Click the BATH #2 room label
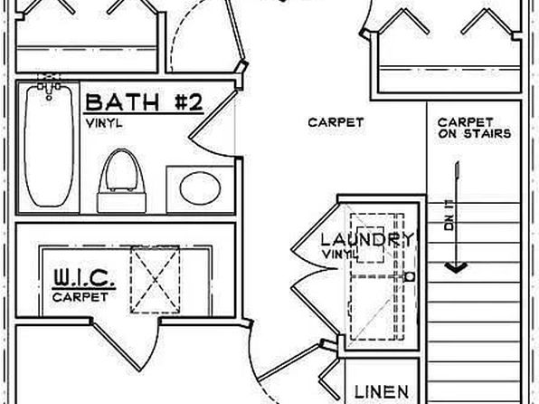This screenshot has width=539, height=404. coord(144,102)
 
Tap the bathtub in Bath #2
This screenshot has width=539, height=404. coord(49,146)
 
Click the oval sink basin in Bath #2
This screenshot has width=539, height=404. coord(200,188)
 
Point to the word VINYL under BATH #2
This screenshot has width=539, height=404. coord(104,123)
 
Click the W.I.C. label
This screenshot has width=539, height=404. coord(83,277)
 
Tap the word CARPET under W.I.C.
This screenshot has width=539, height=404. coord(80,297)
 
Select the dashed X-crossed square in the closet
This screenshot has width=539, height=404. coord(155,280)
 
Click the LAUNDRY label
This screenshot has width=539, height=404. coord(367,240)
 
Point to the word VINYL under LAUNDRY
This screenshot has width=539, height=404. coord(340,255)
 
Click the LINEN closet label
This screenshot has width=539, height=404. coord(382,392)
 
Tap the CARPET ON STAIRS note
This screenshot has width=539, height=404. coord(475,128)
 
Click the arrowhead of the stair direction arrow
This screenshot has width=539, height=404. coord(456,267)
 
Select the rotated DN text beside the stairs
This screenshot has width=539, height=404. coord(449,216)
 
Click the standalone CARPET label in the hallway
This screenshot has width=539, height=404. coord(336,122)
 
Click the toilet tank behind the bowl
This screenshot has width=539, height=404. coord(122,203)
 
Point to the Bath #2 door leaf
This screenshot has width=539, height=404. coord(213,114)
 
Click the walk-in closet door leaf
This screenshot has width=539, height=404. coord(117,346)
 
